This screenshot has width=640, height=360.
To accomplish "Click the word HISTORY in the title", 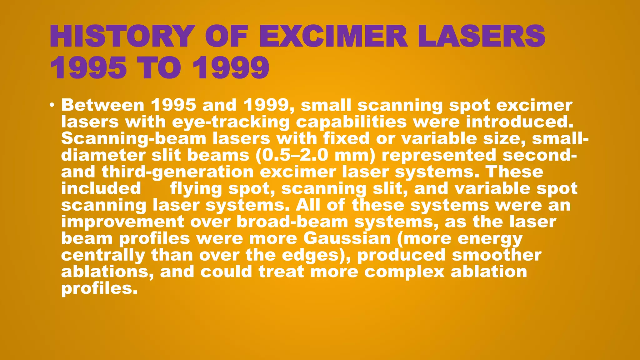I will (121, 36).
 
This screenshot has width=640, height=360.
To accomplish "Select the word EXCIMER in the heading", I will (333, 36).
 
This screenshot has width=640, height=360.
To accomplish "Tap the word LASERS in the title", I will (482, 36).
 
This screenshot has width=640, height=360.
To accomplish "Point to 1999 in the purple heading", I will (231, 68).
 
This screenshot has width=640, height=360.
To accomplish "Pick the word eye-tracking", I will (231, 122).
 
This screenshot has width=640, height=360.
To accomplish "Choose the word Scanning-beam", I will (134, 139).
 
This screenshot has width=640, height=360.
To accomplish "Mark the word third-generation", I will (177, 172).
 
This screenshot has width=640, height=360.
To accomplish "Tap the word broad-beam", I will (292, 222).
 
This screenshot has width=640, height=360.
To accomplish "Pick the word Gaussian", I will (347, 239).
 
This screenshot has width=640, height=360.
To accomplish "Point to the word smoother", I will (497, 255).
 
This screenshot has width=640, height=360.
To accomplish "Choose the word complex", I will (404, 272).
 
